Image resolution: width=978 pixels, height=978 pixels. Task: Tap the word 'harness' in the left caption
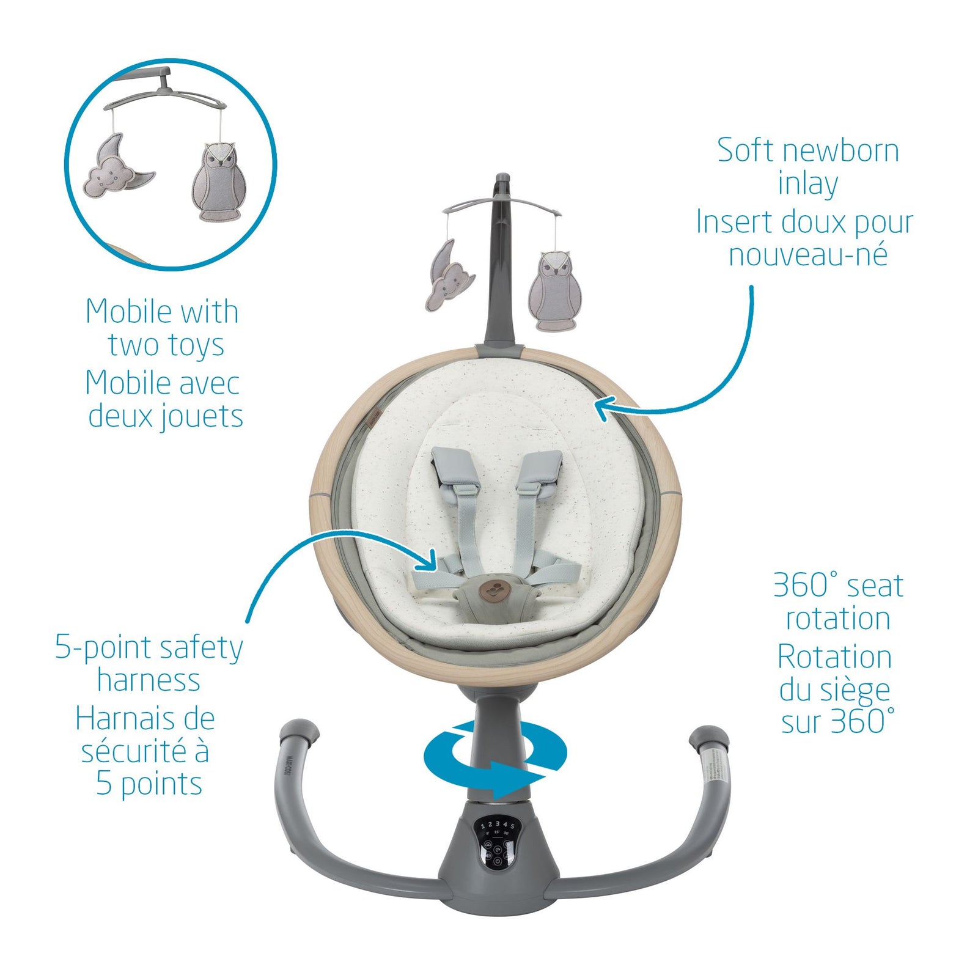coord(149,680)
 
